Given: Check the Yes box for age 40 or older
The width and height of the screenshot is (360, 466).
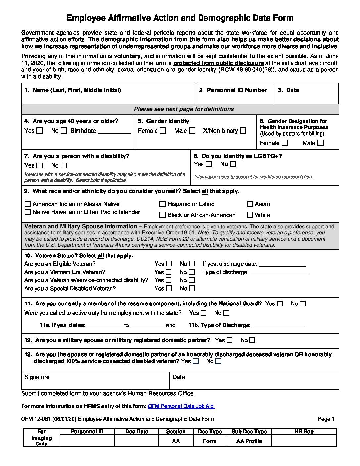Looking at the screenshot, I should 40,131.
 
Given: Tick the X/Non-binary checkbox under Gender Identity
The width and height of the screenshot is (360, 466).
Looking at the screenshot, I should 243,131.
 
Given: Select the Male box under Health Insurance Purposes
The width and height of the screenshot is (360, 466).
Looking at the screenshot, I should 320,143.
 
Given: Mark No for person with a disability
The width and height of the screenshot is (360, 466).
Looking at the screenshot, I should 64,165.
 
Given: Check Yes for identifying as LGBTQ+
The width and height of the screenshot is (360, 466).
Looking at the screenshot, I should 209,164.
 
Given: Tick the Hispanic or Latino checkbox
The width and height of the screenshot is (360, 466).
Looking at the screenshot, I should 162,204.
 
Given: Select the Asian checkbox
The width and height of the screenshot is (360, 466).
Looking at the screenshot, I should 250,204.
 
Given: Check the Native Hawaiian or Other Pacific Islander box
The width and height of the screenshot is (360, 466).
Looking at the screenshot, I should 28,212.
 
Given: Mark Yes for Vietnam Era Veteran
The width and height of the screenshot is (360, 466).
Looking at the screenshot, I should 169,272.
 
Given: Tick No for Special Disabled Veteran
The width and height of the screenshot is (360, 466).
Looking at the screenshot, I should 192,288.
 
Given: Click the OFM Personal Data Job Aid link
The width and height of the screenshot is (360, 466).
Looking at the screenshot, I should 181,406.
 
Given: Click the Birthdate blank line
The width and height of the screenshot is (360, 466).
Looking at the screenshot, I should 114,131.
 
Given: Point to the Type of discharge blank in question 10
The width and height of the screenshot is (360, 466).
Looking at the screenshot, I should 280,273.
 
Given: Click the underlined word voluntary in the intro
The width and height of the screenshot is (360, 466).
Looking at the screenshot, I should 127,56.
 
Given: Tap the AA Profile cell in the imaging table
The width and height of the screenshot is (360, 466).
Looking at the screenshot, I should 249,441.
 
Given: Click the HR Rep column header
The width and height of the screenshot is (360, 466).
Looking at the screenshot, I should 304,432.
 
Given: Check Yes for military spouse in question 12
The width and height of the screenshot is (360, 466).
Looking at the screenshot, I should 230,340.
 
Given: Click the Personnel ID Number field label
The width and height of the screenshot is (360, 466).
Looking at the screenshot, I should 237,90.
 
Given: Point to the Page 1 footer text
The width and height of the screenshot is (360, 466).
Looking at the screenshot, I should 326,419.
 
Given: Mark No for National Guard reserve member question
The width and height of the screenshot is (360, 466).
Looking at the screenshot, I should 303,303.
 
